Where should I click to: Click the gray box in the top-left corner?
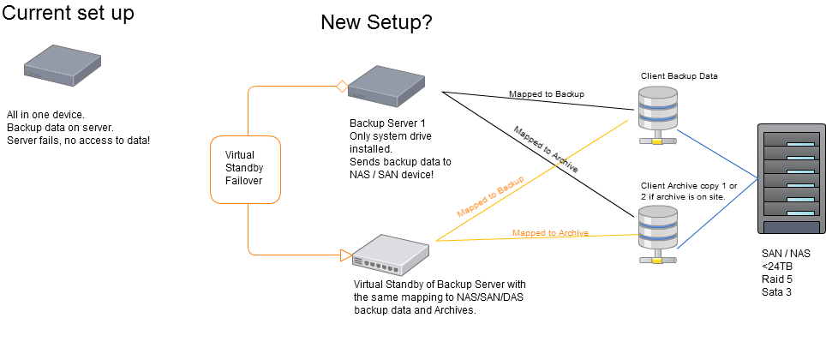click(x=62, y=65)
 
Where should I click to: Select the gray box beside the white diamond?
click(x=386, y=87)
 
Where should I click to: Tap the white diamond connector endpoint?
click(x=342, y=86)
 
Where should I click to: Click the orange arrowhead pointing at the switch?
click(x=346, y=255)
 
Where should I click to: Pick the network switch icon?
click(x=391, y=255)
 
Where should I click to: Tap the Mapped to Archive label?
click(x=549, y=233)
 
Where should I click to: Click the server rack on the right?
click(x=792, y=178)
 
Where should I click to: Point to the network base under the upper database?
click(x=658, y=139)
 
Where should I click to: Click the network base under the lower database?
click(x=658, y=258)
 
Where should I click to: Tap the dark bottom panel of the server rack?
click(x=792, y=227)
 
